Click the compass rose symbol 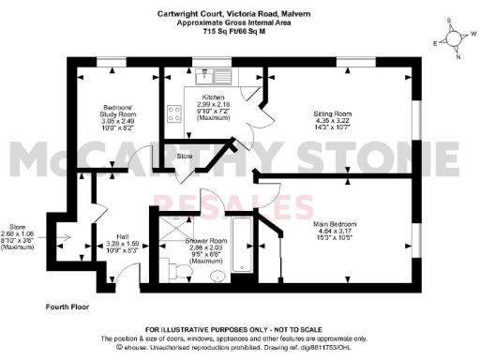453,39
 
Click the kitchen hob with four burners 174,113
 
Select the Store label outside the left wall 17,226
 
